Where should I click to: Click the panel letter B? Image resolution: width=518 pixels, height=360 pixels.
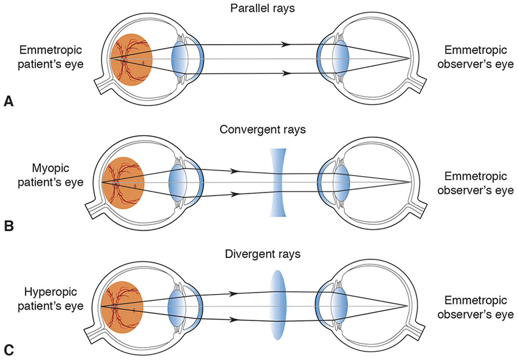click(x=8, y=226)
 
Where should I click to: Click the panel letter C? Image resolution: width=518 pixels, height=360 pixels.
click(x=8, y=352)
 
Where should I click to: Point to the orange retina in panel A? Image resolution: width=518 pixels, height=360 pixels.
click(x=131, y=58)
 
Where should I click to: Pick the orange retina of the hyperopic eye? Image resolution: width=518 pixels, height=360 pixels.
click(x=122, y=306)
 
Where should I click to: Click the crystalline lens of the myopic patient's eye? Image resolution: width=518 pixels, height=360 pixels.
click(x=178, y=183)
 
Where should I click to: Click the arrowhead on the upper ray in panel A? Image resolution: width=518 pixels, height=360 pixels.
click(x=285, y=45)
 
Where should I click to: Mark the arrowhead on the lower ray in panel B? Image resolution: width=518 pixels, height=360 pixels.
click(x=234, y=195)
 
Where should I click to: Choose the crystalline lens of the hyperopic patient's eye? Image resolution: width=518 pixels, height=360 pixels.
click(x=177, y=306)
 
